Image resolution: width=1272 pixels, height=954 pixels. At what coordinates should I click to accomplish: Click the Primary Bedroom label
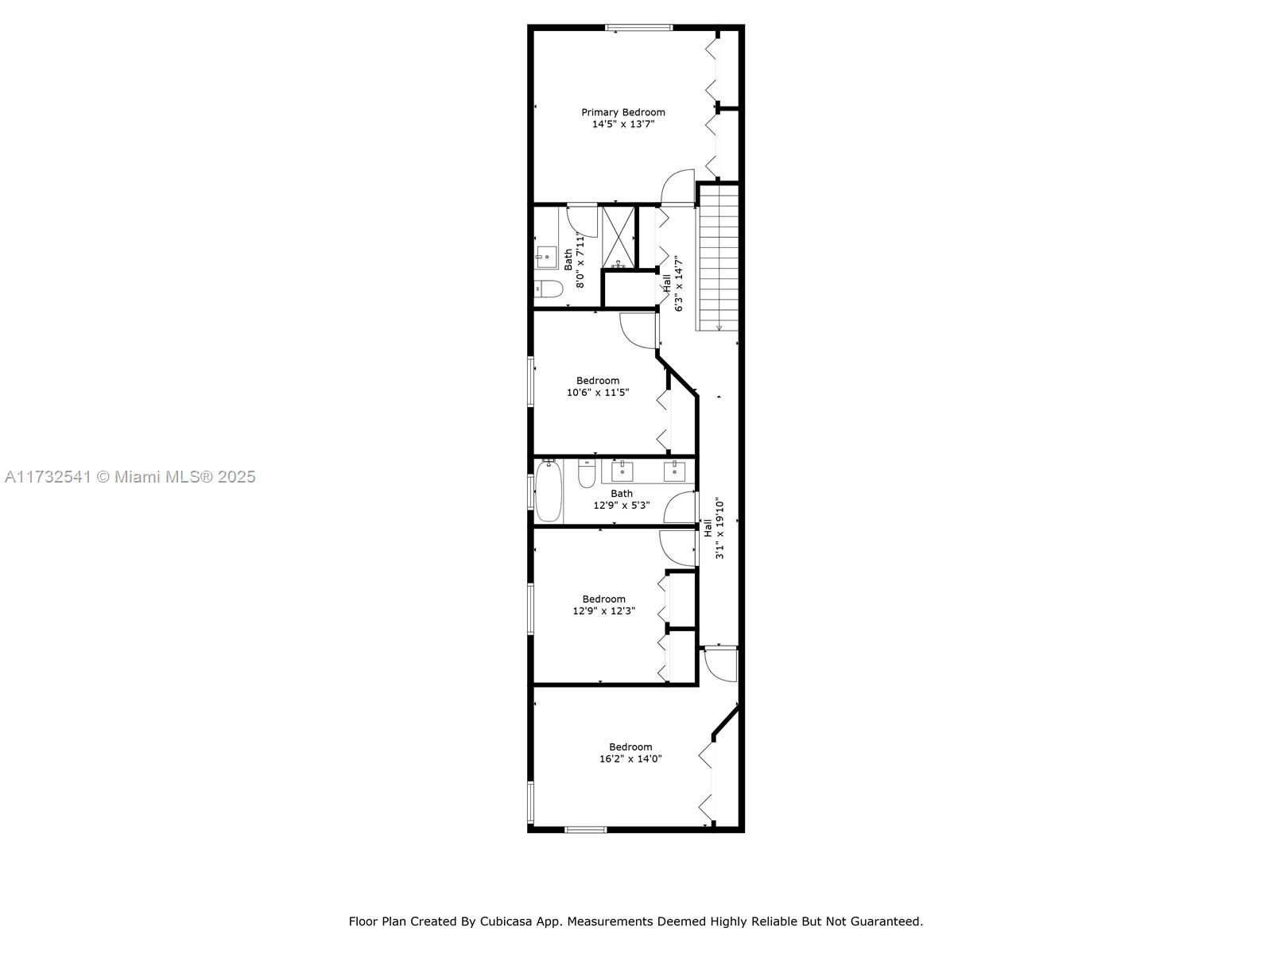[623, 112]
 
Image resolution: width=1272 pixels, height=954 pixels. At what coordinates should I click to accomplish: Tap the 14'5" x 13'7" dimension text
[623, 124]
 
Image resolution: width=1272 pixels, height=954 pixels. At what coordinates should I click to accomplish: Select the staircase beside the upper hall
[719, 257]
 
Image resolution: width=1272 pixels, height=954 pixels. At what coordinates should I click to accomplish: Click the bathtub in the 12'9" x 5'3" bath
[549, 491]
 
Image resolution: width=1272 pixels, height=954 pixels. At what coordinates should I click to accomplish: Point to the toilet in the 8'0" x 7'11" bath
[549, 289]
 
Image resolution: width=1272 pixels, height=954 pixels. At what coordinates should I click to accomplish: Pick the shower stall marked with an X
[619, 237]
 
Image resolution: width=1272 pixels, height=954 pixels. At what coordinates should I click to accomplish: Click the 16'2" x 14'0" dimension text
[630, 758]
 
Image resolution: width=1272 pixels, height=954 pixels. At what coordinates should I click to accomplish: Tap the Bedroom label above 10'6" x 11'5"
[598, 381]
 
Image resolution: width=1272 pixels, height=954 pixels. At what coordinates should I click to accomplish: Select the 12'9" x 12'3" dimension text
[604, 611]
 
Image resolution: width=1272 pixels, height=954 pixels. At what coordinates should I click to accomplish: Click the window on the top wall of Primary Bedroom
[638, 27]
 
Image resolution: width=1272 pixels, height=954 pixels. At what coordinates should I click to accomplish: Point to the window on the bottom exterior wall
[585, 829]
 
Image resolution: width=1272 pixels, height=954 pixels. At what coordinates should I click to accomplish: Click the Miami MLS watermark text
[130, 477]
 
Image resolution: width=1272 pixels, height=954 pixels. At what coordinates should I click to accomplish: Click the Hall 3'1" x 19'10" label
[713, 528]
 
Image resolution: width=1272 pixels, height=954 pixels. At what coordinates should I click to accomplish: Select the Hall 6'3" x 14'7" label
[673, 284]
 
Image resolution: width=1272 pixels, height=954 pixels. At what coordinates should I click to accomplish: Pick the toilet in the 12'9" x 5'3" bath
[587, 473]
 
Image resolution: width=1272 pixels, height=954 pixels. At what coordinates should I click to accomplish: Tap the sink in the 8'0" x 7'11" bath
[546, 257]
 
